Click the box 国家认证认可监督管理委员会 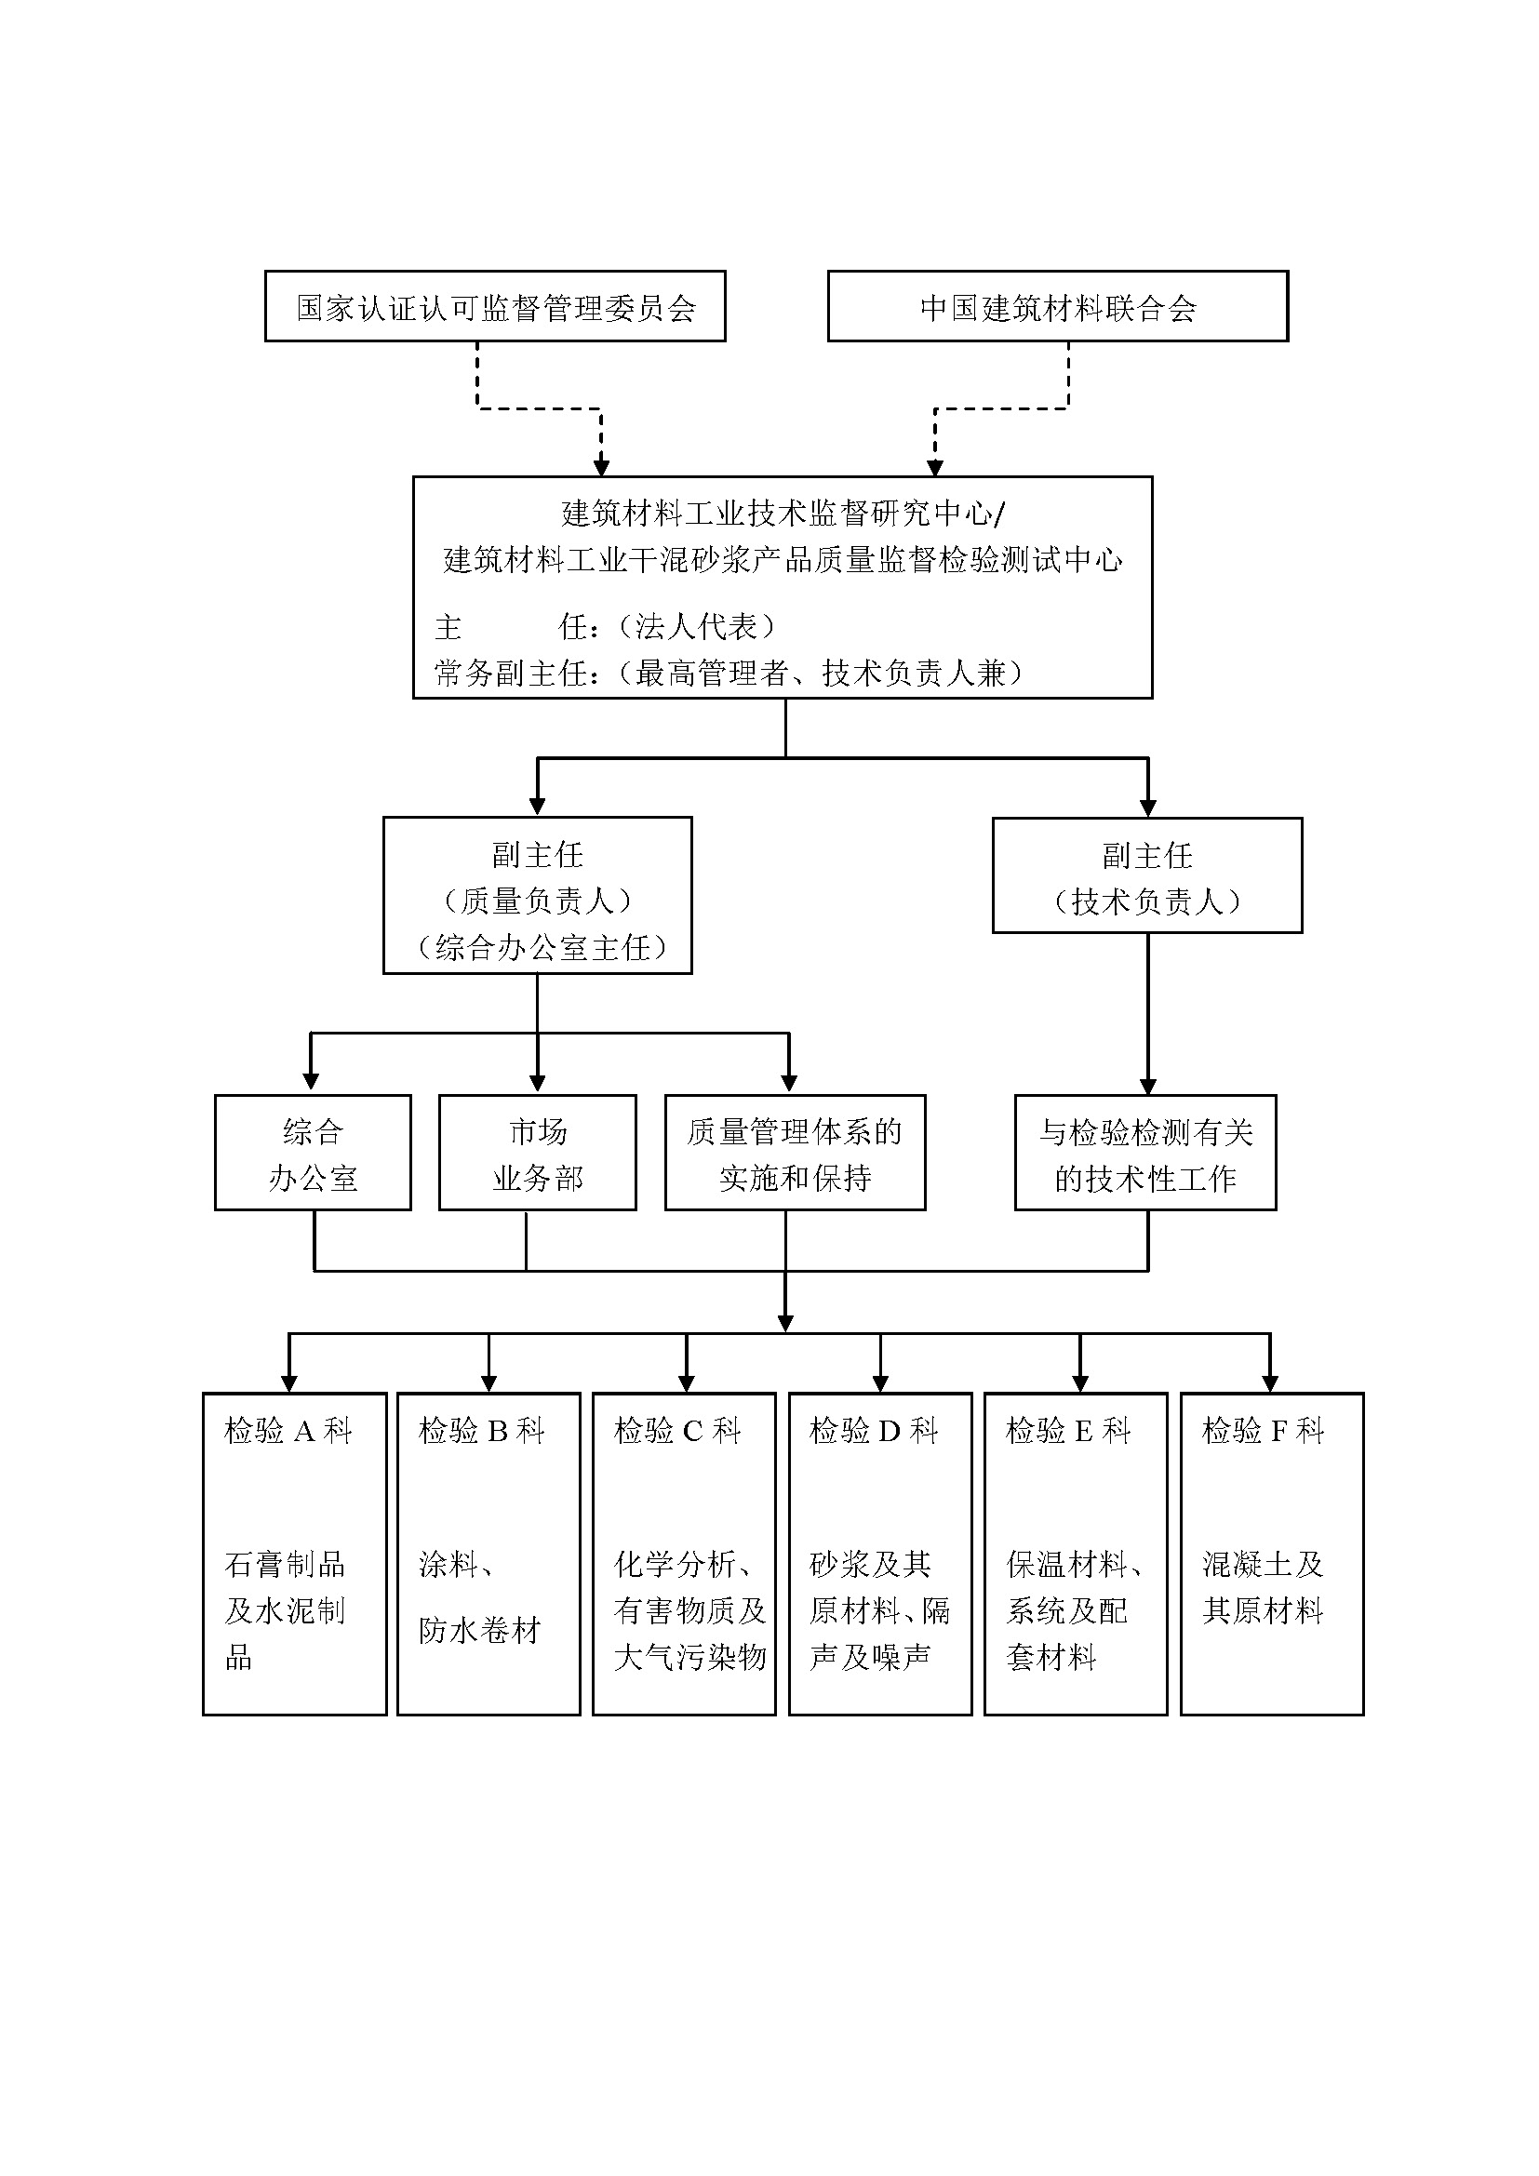pos(495,307)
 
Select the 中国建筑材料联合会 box pos(1058,307)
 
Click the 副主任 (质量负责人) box pos(537,896)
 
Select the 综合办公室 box pos(313,1154)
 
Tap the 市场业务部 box pos(537,1154)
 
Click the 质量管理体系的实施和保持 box pos(794,1154)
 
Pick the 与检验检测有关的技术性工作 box pos(1144,1154)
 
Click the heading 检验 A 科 pos(288,1431)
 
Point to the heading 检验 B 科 pos(481,1431)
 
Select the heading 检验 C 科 pos(676,1431)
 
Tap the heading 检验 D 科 pos(873,1431)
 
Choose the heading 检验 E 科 pos(1068,1431)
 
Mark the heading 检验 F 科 pos(1263,1431)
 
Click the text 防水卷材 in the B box pos(479,1630)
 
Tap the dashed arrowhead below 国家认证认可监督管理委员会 pos(601,467)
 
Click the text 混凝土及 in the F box pos(1263,1564)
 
